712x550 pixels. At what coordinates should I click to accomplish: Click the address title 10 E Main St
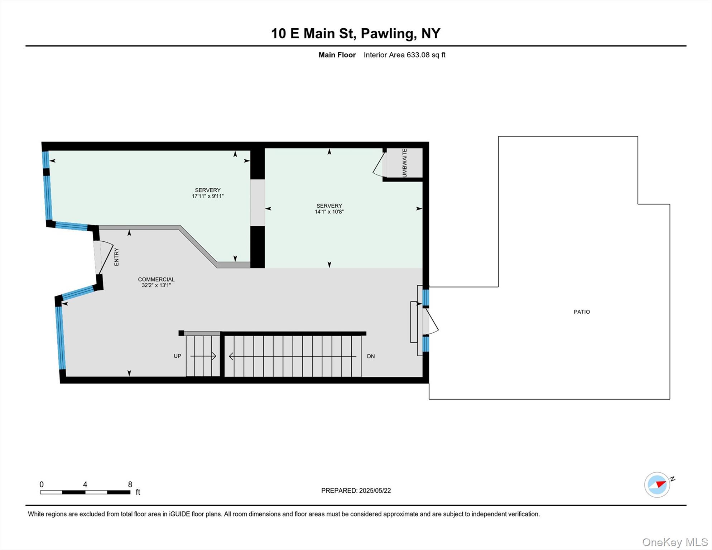pyautogui.click(x=355, y=33)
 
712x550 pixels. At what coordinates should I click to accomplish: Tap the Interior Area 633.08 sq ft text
pyautogui.click(x=404, y=55)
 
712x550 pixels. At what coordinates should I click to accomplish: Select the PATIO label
pyautogui.click(x=582, y=312)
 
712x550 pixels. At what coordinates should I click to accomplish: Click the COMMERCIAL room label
pyautogui.click(x=156, y=279)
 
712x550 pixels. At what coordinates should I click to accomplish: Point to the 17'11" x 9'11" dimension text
pyautogui.click(x=208, y=196)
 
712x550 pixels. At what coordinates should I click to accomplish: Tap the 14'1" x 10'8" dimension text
pyautogui.click(x=329, y=212)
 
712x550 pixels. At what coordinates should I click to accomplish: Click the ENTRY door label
pyautogui.click(x=116, y=257)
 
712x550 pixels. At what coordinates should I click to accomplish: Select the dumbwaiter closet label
pyautogui.click(x=404, y=163)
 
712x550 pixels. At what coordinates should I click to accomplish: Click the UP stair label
pyautogui.click(x=177, y=356)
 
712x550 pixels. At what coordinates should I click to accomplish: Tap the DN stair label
pyautogui.click(x=371, y=356)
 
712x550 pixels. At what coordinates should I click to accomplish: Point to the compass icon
pyautogui.click(x=657, y=484)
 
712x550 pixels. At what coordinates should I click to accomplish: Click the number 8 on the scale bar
pyautogui.click(x=130, y=484)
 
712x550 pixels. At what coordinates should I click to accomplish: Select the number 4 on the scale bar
pyautogui.click(x=85, y=484)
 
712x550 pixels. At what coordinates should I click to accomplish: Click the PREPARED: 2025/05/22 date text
pyautogui.click(x=356, y=491)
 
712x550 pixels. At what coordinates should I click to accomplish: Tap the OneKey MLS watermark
pyautogui.click(x=674, y=542)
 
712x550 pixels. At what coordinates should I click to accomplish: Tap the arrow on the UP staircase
pyautogui.click(x=203, y=356)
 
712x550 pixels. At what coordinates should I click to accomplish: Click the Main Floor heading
pyautogui.click(x=337, y=55)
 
